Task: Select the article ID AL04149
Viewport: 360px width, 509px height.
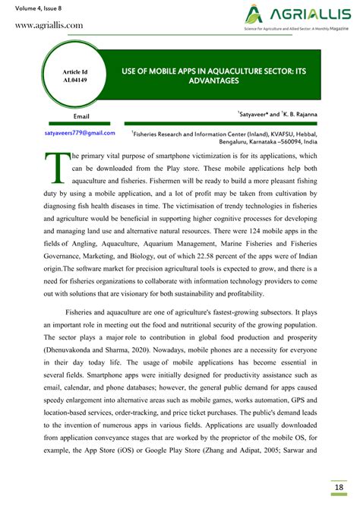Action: [74, 78]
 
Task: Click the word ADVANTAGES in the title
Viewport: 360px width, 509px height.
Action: [213, 81]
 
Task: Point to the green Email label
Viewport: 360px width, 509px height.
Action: [81, 116]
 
